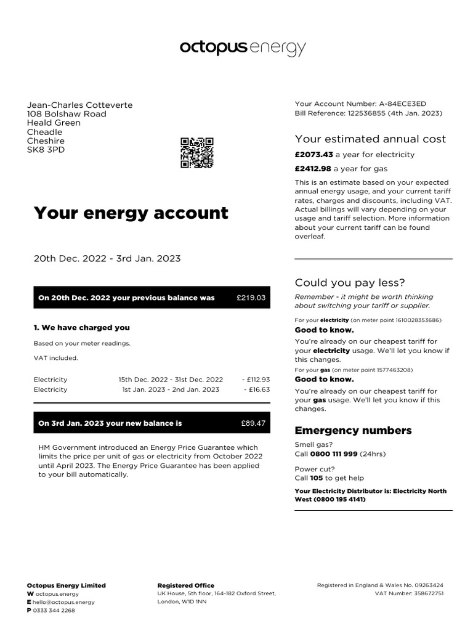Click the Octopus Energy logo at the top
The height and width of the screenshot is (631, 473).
[x=242, y=48]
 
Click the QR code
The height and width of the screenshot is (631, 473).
[x=196, y=153]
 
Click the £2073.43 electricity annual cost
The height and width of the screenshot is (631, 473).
[x=313, y=155]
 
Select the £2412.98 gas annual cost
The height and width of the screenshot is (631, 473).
[x=313, y=169]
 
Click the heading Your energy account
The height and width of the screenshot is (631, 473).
[x=131, y=213]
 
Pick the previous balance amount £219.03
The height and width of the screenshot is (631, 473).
[x=251, y=298]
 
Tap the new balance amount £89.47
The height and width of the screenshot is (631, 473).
[x=253, y=423]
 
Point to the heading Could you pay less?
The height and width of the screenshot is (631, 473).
[x=350, y=283]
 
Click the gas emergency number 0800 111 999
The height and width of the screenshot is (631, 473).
[x=334, y=454]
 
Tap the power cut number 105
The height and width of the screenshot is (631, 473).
[x=317, y=478]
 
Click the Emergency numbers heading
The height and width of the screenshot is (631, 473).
[x=353, y=430]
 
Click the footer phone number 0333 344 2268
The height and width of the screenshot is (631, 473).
[x=54, y=611]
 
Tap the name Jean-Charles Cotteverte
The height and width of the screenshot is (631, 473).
[x=79, y=105]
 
